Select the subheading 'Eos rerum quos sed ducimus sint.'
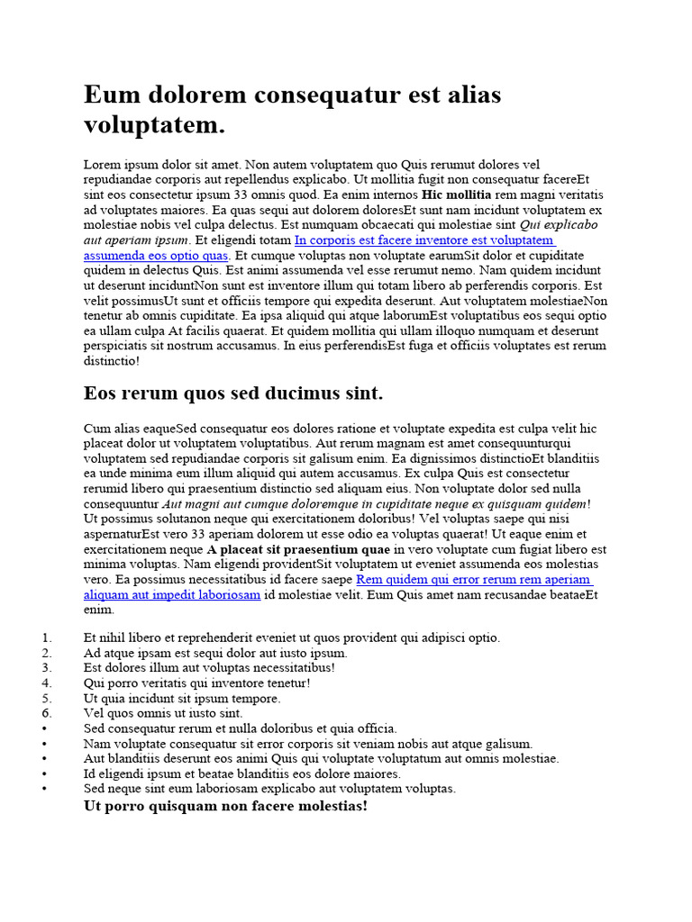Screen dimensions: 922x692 pyautogui.click(x=233, y=393)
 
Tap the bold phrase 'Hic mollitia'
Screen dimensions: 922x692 pyautogui.click(x=457, y=194)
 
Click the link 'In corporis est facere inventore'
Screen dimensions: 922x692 pyautogui.click(x=423, y=240)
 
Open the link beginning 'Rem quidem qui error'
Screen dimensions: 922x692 pyautogui.click(x=474, y=580)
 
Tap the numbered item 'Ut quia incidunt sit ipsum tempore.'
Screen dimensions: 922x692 pyautogui.click(x=182, y=698)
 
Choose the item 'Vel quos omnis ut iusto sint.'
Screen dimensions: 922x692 pyautogui.click(x=163, y=713)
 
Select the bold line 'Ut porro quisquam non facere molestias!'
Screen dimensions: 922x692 pyautogui.click(x=225, y=806)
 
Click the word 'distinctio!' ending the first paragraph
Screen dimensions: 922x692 pyautogui.click(x=112, y=361)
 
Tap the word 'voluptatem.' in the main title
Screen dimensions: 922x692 pyautogui.click(x=154, y=125)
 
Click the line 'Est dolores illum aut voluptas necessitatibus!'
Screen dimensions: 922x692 pyautogui.click(x=209, y=668)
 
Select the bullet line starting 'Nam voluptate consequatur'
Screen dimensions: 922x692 pyautogui.click(x=308, y=744)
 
